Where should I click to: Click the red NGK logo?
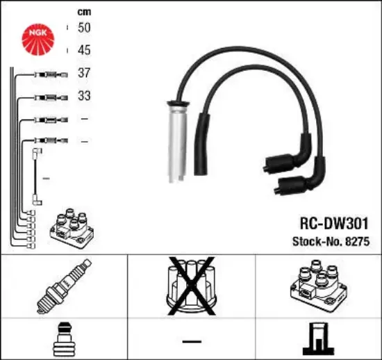pyautogui.click(x=38, y=40)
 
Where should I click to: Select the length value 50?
pyautogui.click(x=84, y=28)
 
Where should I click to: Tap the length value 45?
pyautogui.click(x=84, y=50)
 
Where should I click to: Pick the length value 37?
pyautogui.click(x=84, y=73)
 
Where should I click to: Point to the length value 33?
pyautogui.click(x=84, y=95)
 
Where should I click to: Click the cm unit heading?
pyautogui.click(x=84, y=12)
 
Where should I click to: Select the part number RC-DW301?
pyautogui.click(x=334, y=224)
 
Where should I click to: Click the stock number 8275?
pyautogui.click(x=358, y=242)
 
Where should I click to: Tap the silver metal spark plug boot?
pyautogui.click(x=178, y=142)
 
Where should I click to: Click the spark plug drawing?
pyautogui.click(x=64, y=286)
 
